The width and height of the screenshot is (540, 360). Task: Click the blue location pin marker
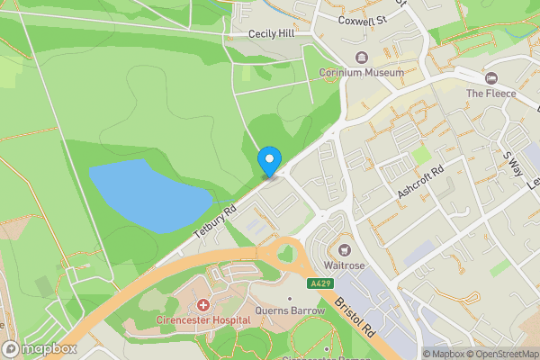point(268,162)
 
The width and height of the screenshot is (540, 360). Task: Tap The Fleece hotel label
point(490,94)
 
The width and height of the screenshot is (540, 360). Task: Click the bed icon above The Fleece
point(490,77)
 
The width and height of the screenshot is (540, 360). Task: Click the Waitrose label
point(343,265)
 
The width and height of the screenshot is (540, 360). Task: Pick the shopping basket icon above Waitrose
point(343,249)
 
